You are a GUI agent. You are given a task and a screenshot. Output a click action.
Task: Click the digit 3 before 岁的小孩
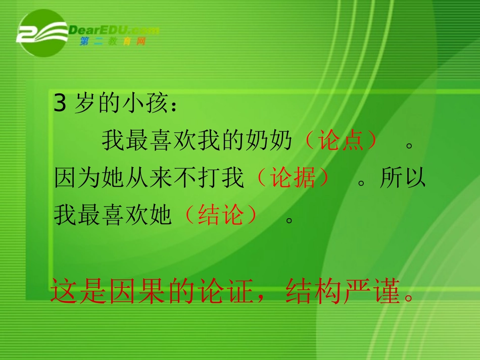(x=60, y=104)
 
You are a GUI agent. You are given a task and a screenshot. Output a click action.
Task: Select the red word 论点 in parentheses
(x=341, y=141)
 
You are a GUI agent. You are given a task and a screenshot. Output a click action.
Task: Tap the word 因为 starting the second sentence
(x=78, y=178)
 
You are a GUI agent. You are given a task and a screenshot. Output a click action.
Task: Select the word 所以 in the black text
(x=403, y=178)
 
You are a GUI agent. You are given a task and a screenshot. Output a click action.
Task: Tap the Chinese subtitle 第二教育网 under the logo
(x=113, y=42)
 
